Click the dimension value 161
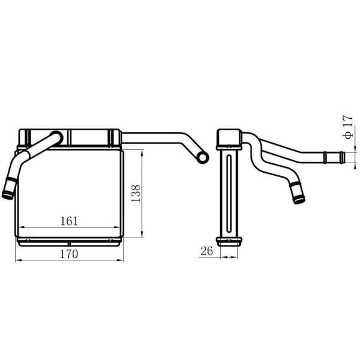pos(70,221)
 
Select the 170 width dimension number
pos(70,254)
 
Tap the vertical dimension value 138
pos(136,194)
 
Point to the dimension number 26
pos(207,251)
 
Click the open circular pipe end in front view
pos(201,157)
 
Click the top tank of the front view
pos(69,137)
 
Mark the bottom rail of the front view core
pos(69,241)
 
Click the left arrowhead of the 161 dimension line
pos(22,227)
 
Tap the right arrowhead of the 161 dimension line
pos(118,227)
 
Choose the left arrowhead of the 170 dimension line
pos(17,260)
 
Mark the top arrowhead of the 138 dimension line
pos(142,152)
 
